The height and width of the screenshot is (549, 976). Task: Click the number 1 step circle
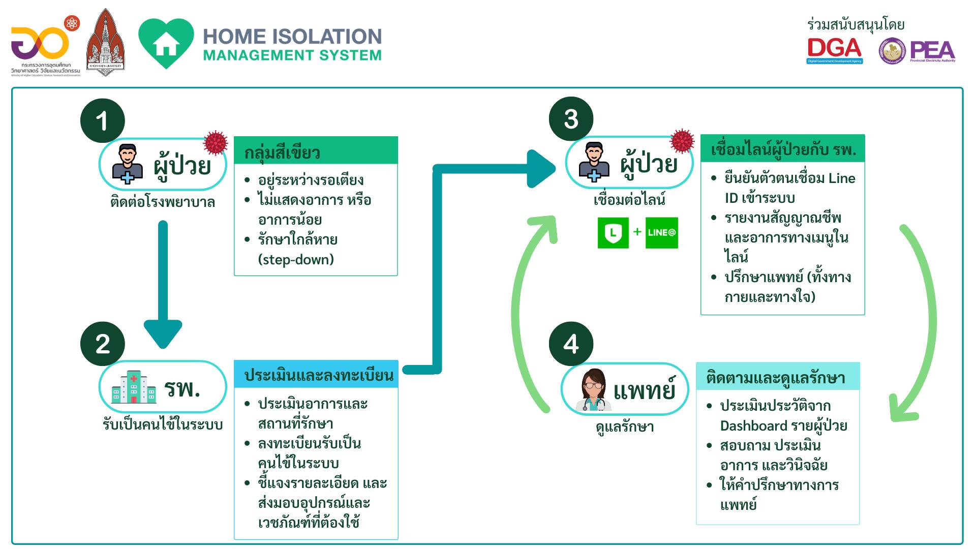point(102,121)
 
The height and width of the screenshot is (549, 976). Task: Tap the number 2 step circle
point(102,344)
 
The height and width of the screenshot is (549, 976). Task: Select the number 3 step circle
point(571,119)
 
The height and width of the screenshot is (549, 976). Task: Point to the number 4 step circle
point(571,344)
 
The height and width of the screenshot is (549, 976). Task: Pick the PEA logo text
point(932,51)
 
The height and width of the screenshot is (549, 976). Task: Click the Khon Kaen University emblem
point(106,43)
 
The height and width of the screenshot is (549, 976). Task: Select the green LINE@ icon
point(661,233)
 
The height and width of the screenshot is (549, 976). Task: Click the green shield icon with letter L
point(613,233)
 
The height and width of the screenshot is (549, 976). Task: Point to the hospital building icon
point(134,387)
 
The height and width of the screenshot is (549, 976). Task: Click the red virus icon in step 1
point(216,143)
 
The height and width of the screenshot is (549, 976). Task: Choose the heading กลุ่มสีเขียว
point(282,152)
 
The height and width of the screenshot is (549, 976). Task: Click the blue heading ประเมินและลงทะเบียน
point(319,375)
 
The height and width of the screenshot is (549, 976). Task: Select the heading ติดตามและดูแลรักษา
point(776,378)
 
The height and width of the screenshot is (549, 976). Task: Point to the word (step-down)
point(296,259)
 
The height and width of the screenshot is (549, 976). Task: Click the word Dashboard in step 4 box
point(754,425)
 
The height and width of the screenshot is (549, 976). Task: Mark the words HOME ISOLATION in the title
point(292,37)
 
